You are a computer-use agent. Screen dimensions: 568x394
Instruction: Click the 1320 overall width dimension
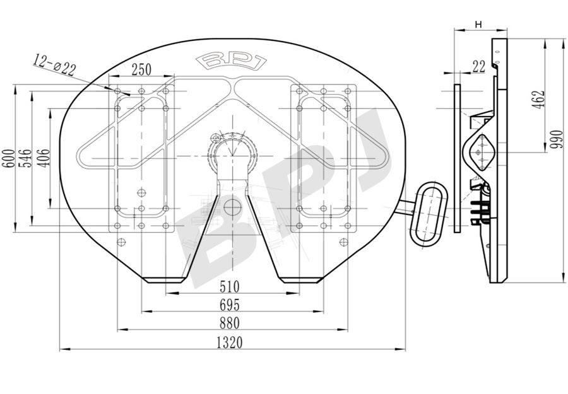point(229,342)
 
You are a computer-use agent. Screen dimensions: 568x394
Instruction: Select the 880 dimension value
point(229,323)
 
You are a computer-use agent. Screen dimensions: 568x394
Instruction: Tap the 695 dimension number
point(229,305)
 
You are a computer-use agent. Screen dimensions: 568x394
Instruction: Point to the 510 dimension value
point(229,287)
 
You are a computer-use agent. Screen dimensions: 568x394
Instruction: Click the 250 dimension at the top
point(141,69)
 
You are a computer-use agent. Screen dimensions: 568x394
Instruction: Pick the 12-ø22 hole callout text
point(55,64)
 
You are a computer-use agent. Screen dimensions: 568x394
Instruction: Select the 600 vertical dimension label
point(9,158)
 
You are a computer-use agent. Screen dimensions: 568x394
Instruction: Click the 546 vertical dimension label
point(25,158)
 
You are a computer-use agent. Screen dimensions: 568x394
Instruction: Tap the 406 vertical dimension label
point(44,158)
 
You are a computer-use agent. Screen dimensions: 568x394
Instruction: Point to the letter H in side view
point(478,25)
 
